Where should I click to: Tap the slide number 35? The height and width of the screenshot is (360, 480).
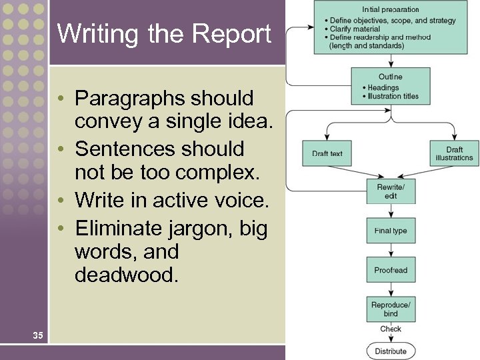[38, 335]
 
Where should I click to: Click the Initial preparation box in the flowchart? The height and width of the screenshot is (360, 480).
[391, 28]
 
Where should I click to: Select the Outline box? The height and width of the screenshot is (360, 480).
[391, 85]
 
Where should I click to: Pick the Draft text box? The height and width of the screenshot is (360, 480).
[327, 153]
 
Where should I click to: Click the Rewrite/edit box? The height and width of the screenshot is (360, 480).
[391, 191]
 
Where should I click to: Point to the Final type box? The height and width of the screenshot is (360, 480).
[391, 231]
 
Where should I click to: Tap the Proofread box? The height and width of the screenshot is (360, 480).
[391, 270]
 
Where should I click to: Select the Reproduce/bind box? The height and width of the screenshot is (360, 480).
[391, 309]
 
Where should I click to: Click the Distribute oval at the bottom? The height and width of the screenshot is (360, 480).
[391, 351]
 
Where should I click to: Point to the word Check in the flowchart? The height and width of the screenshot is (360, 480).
[391, 329]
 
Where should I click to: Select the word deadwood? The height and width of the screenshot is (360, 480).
[127, 275]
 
